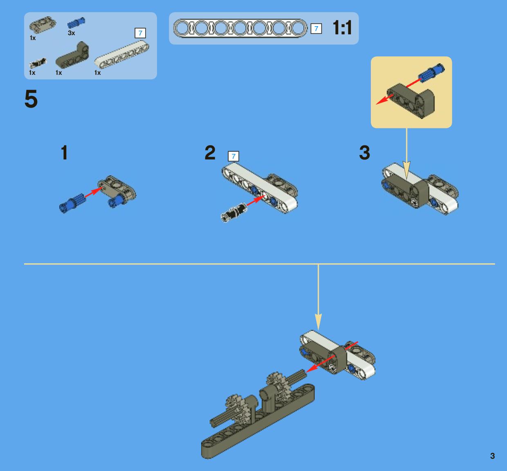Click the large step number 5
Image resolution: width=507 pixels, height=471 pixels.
tap(31, 99)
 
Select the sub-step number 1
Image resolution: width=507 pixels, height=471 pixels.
tap(64, 153)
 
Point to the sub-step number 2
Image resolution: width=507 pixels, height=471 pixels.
tap(210, 153)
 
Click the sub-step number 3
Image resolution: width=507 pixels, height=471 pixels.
tap(364, 153)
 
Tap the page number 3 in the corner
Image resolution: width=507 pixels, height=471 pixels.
tap(492, 456)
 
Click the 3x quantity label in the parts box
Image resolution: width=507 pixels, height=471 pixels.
tap(71, 33)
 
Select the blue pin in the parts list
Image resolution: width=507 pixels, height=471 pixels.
tap(76, 23)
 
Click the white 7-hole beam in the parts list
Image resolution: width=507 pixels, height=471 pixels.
tap(122, 54)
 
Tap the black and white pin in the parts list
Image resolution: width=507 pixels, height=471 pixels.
tap(38, 63)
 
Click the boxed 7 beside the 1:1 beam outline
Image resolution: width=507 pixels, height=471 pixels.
tap(316, 28)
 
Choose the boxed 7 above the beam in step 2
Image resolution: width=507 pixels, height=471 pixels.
tap(233, 156)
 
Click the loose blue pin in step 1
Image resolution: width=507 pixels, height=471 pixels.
tap(72, 203)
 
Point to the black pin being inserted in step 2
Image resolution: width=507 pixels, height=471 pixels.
tap(233, 212)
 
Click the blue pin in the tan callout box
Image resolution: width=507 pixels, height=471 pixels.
tap(431, 72)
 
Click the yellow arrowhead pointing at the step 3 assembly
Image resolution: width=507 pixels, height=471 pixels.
tap(407, 170)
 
